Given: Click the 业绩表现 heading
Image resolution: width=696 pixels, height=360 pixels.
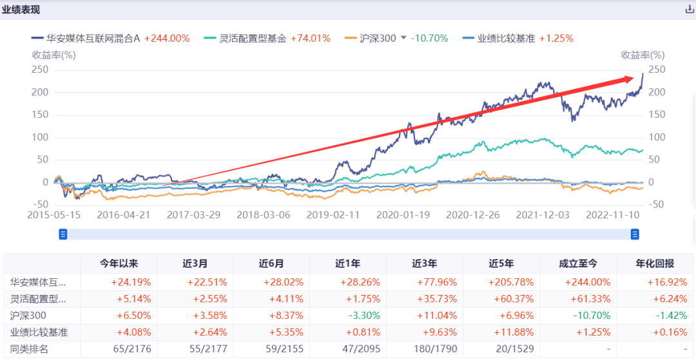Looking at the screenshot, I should [x=20, y=9].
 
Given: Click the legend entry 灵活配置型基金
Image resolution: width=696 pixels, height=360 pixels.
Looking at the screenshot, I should [x=254, y=38].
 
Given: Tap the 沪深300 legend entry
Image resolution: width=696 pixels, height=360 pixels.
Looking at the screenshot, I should [x=378, y=38].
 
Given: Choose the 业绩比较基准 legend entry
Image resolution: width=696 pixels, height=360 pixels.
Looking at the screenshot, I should [x=506, y=38].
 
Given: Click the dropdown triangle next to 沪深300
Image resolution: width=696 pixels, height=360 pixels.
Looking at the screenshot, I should [x=403, y=37].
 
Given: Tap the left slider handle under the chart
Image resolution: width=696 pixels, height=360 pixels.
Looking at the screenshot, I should [x=63, y=234].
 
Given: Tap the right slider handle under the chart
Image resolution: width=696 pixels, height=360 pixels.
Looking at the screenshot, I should [x=634, y=234].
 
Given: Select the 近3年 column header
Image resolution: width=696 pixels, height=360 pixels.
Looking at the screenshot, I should [x=424, y=263].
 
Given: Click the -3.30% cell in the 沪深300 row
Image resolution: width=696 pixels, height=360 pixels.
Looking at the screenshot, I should [x=348, y=316].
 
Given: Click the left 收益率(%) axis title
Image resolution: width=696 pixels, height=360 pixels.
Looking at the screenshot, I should [x=54, y=55].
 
